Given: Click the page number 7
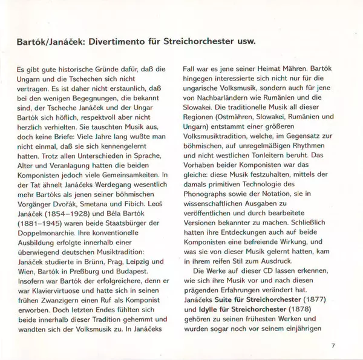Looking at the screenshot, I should point(333,345).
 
